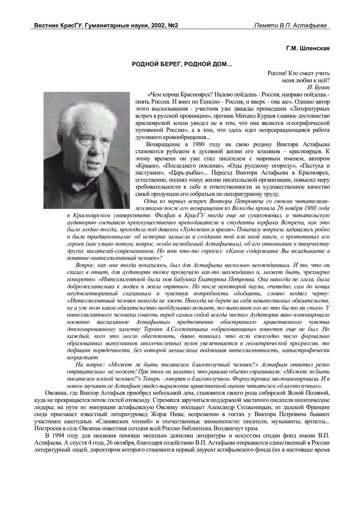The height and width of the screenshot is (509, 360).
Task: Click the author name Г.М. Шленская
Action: click(308, 49)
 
